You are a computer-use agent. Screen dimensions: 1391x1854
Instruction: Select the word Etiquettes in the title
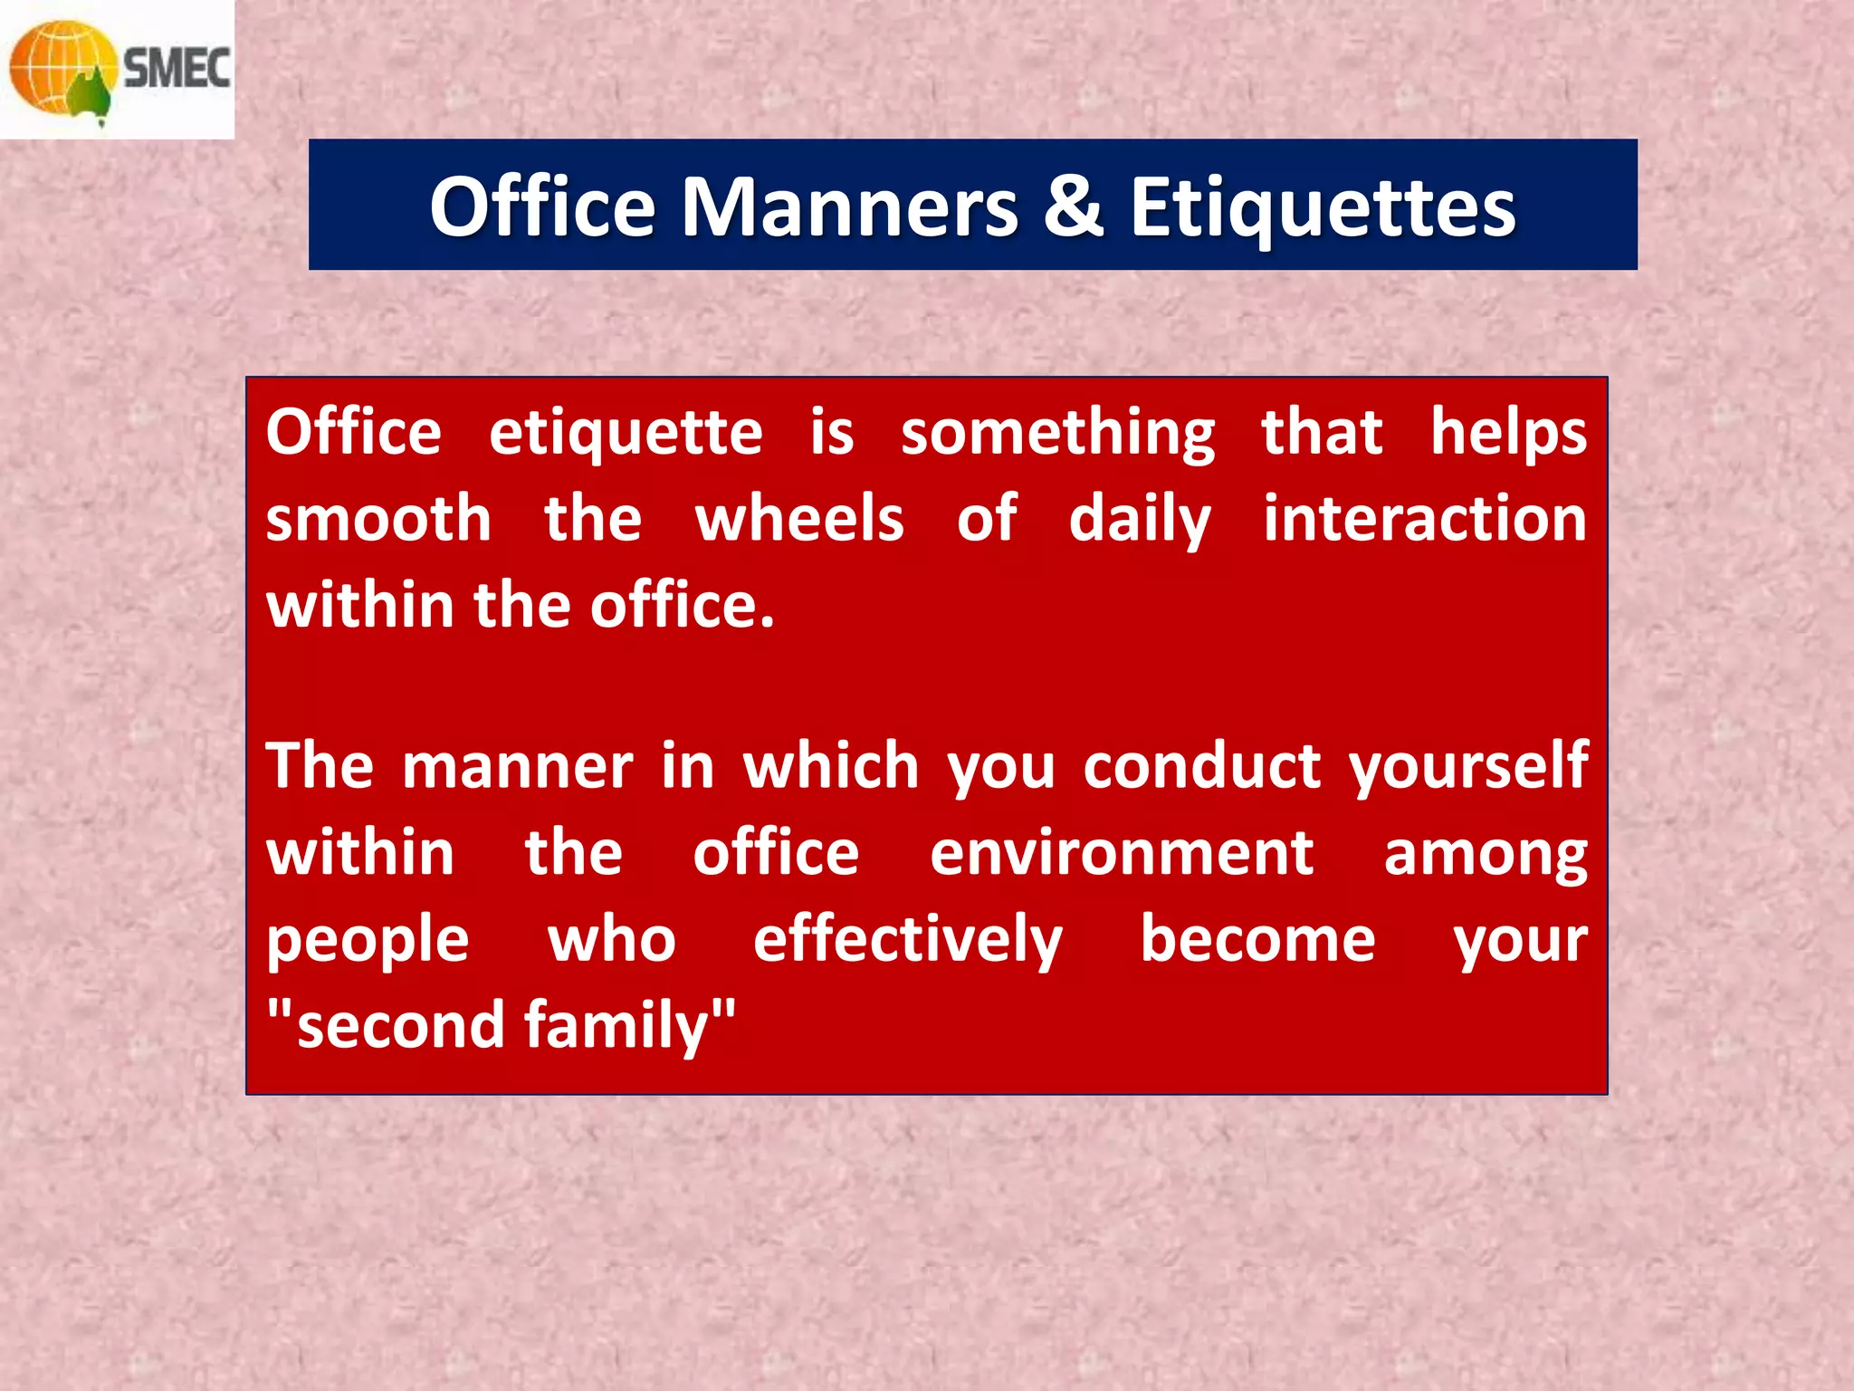pyautogui.click(x=1322, y=209)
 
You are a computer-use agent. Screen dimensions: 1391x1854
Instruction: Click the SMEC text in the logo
pyautogui.click(x=177, y=69)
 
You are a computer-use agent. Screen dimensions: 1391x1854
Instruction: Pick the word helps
pyautogui.click(x=1508, y=433)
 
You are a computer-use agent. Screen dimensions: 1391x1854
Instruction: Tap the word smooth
pyautogui.click(x=378, y=519)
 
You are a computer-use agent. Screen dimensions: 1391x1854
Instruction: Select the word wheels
pyautogui.click(x=799, y=519)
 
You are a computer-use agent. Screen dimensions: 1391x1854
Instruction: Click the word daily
pyautogui.click(x=1140, y=521)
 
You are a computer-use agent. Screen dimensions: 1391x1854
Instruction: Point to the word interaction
pyautogui.click(x=1425, y=519)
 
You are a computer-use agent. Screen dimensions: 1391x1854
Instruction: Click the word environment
pyautogui.click(x=1122, y=853)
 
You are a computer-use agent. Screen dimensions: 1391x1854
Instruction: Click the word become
pyautogui.click(x=1257, y=939)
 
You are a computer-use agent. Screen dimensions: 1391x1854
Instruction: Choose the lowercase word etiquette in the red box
pyautogui.click(x=626, y=433)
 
